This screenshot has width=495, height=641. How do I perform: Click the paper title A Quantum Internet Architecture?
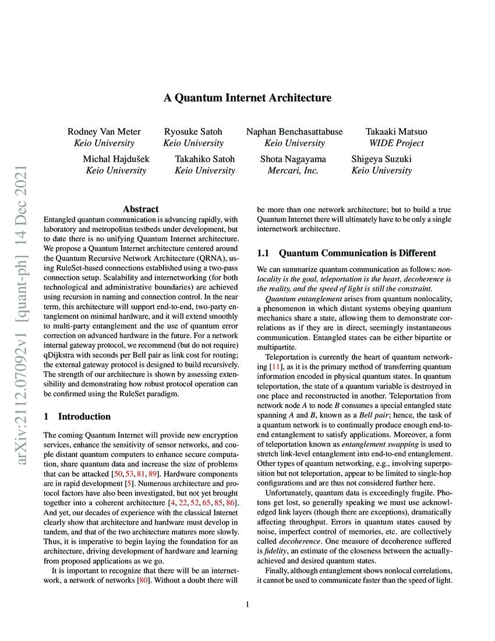pyautogui.click(x=247, y=98)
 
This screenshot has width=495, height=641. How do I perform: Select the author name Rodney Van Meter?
pyautogui.click(x=104, y=132)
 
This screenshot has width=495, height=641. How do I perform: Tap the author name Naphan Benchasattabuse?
pyautogui.click(x=294, y=132)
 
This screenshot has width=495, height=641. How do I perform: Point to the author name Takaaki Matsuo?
pyautogui.click(x=396, y=132)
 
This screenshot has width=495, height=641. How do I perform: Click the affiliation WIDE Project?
pyautogui.click(x=396, y=143)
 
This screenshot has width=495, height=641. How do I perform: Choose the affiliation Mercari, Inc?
pyautogui.click(x=293, y=171)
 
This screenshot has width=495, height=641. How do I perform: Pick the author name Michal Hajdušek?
pyautogui.click(x=116, y=159)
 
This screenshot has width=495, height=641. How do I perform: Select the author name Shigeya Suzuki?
pyautogui.click(x=381, y=159)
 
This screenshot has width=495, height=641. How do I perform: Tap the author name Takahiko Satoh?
pyautogui.click(x=205, y=159)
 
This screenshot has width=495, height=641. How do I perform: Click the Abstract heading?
pyautogui.click(x=140, y=209)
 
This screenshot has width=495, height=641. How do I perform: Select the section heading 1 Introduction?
pyautogui.click(x=77, y=417)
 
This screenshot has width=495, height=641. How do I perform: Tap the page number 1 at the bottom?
pyautogui.click(x=248, y=605)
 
